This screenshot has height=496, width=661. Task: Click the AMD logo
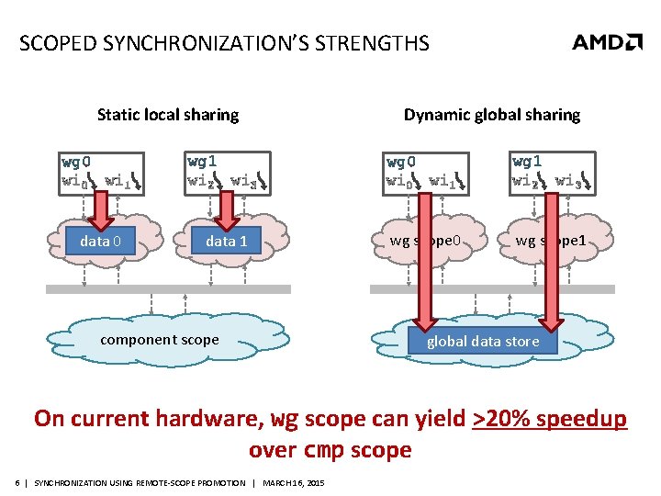click(607, 42)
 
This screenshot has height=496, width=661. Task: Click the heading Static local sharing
click(168, 115)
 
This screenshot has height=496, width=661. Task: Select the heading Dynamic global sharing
click(492, 115)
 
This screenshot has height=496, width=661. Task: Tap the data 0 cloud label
click(101, 242)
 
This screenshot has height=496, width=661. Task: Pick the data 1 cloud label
click(226, 242)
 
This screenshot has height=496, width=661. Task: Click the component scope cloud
click(160, 340)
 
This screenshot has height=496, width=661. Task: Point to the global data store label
click(483, 342)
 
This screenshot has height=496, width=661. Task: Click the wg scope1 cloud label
click(551, 242)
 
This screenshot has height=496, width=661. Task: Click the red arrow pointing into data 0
click(100, 211)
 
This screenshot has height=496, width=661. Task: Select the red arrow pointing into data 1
click(225, 211)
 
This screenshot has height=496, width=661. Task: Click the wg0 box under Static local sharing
click(101, 172)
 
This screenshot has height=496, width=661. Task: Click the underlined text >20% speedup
click(549, 419)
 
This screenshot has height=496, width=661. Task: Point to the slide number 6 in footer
click(18, 483)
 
